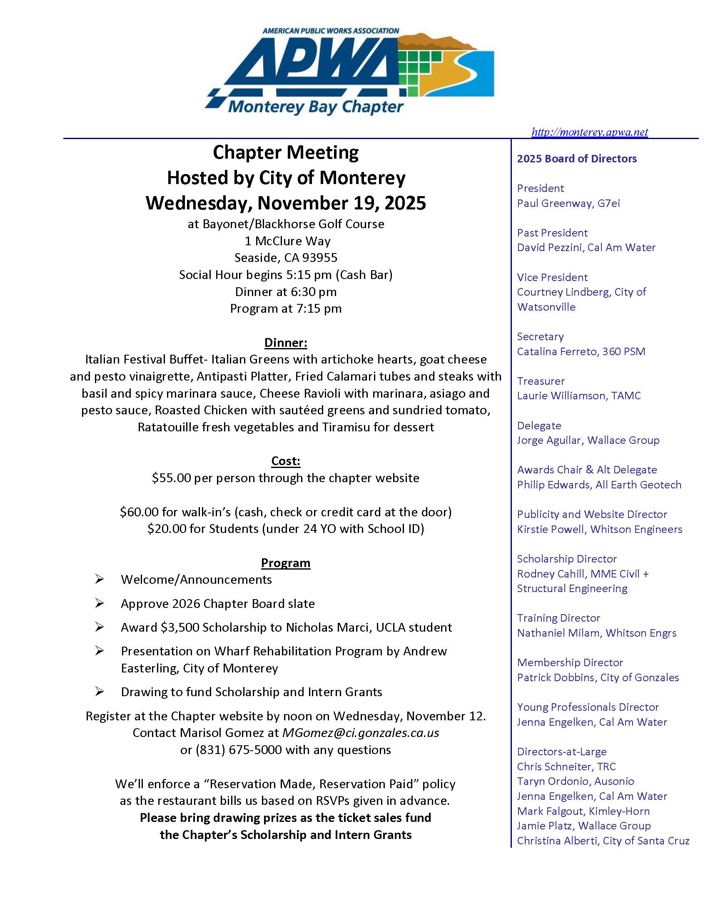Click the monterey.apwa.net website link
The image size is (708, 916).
click(589, 132)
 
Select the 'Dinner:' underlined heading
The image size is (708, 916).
click(286, 343)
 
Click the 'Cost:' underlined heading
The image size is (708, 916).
click(286, 461)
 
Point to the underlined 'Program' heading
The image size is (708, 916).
click(286, 563)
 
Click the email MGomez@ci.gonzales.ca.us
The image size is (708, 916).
click(360, 733)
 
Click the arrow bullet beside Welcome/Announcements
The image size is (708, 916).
click(100, 580)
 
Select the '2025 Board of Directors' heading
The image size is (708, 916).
click(577, 159)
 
